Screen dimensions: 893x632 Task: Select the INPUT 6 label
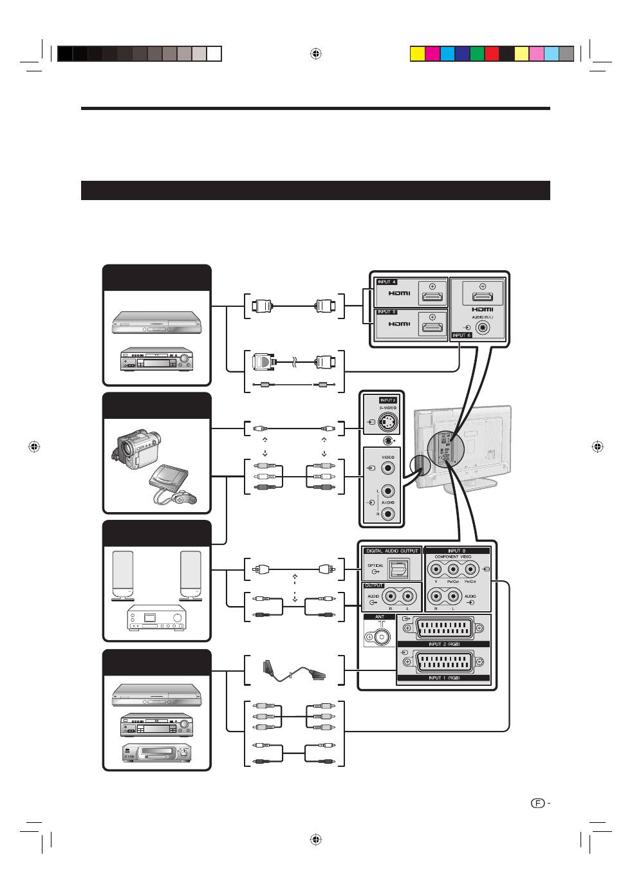pos(461,335)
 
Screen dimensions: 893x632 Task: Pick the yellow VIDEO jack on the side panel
pos(387,468)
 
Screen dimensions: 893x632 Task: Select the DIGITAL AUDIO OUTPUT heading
pos(392,551)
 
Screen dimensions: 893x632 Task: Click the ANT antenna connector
pos(379,638)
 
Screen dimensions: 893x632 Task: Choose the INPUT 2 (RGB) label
pos(443,643)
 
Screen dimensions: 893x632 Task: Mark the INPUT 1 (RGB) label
pos(443,677)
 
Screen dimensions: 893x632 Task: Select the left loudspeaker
pos(123,575)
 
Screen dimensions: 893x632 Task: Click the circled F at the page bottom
pos(538,803)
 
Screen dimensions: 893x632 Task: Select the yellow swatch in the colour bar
pos(417,53)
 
